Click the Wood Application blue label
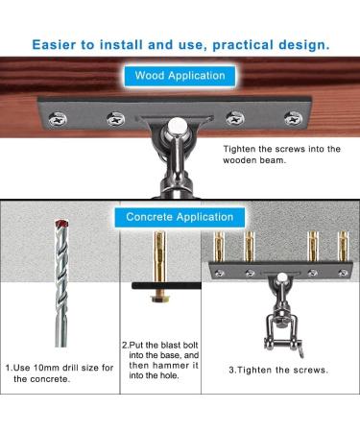[180, 75]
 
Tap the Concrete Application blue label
[180, 218]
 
